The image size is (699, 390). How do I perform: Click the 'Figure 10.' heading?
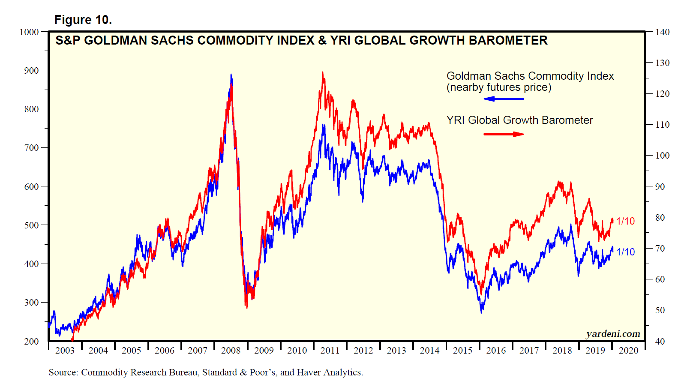click(x=83, y=20)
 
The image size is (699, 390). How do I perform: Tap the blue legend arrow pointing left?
click(x=504, y=99)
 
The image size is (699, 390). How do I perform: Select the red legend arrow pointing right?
click(x=504, y=134)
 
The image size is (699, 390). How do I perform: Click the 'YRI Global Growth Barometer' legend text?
click(x=519, y=120)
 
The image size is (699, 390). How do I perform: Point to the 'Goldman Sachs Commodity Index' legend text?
click(x=530, y=76)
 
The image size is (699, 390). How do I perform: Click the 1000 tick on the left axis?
click(x=29, y=32)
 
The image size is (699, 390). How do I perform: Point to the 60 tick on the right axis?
click(x=660, y=279)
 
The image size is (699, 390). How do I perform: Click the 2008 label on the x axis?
click(x=231, y=351)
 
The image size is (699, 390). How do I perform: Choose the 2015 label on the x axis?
click(x=463, y=351)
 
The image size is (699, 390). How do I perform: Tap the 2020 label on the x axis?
click(x=629, y=351)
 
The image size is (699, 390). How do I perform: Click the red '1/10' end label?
click(x=625, y=221)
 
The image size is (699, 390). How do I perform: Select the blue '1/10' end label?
click(x=625, y=252)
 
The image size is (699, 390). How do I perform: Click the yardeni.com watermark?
click(x=613, y=334)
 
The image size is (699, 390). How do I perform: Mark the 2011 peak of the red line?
click(x=323, y=73)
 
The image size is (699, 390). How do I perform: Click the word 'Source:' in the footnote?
click(x=63, y=372)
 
